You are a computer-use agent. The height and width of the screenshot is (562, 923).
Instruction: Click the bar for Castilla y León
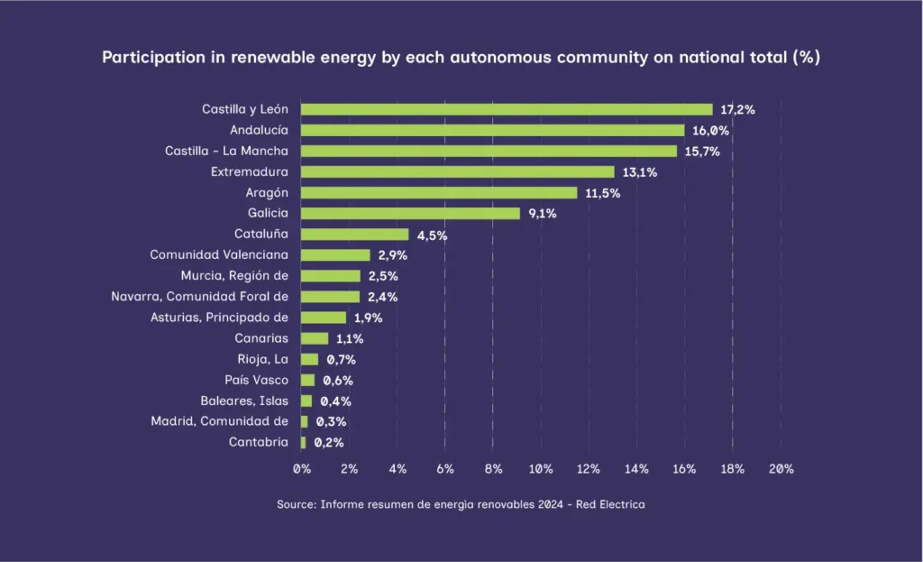(x=506, y=109)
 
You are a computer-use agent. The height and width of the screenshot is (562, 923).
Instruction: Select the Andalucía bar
(x=492, y=130)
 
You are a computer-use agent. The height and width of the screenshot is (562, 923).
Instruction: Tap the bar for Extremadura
(x=457, y=171)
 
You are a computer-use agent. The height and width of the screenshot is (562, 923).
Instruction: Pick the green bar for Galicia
(x=410, y=214)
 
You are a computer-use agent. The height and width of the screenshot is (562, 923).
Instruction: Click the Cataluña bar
(x=354, y=235)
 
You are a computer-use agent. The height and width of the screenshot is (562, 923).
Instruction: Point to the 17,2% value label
(x=737, y=109)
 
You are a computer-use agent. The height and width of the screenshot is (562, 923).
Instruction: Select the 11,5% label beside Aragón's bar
(x=603, y=193)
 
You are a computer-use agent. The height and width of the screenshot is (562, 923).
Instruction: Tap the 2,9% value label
(x=393, y=255)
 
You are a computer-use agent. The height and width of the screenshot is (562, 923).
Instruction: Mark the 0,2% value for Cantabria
(x=328, y=442)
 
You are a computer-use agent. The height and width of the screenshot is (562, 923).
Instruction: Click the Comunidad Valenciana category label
(x=219, y=255)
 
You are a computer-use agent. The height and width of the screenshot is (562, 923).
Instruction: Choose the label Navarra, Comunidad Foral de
(x=199, y=297)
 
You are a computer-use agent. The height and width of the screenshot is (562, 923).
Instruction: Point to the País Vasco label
(x=257, y=380)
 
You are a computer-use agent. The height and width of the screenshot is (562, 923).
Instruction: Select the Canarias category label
(x=261, y=338)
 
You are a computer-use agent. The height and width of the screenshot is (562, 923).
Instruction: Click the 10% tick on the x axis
(x=541, y=469)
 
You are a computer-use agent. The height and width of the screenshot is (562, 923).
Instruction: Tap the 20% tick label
(x=781, y=469)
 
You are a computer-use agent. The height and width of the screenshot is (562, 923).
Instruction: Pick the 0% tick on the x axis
(x=302, y=469)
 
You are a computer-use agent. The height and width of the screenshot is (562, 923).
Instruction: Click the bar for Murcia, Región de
(x=330, y=276)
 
